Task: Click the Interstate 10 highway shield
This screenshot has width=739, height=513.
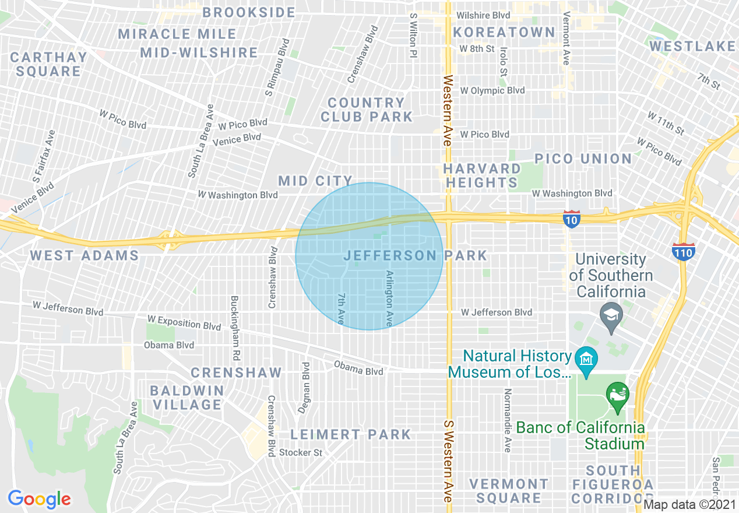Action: point(572,219)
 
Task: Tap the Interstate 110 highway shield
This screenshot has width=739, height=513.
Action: point(683,251)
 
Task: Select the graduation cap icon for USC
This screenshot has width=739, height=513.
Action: point(611,317)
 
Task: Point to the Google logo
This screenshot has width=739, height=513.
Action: point(39,499)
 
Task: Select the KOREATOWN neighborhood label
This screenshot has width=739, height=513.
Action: point(504,32)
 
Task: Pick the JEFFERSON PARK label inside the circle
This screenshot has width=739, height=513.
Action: point(415,255)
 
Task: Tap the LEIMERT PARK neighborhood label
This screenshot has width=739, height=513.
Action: point(351,434)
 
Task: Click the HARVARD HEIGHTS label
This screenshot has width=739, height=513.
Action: point(481,175)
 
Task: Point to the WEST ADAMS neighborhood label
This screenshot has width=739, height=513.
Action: point(85,255)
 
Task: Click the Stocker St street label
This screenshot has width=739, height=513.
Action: point(300,452)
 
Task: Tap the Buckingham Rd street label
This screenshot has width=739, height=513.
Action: point(235,328)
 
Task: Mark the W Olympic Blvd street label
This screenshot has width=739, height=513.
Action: point(492,90)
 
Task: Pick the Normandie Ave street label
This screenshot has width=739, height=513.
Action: point(508,420)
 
